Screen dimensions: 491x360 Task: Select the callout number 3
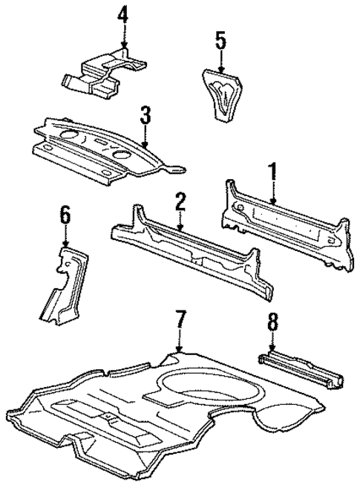point(145,115)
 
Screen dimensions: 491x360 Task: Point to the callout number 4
point(123,15)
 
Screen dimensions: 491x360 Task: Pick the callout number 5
point(220,39)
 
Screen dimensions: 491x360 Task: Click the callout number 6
point(66,216)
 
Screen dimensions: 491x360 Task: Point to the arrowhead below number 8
point(272,351)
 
